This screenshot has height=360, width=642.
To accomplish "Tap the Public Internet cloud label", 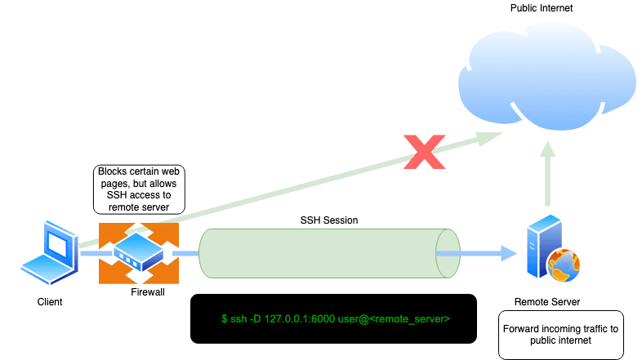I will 542,7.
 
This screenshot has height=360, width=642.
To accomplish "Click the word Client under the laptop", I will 49,301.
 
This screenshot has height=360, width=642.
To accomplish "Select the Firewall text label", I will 148,291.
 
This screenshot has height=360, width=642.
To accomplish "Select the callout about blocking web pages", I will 139,189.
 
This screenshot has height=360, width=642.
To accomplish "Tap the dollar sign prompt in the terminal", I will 225,318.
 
